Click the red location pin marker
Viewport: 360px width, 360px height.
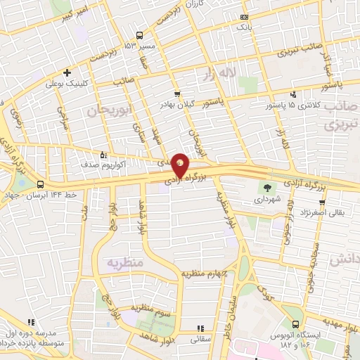click(180, 165)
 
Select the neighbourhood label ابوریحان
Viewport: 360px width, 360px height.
click(110, 110)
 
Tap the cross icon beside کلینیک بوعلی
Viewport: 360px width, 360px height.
click(67, 72)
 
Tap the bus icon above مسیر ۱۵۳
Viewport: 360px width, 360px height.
click(139, 35)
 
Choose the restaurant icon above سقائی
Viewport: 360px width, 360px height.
click(200, 328)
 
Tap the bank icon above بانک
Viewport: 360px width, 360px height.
click(243, 16)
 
